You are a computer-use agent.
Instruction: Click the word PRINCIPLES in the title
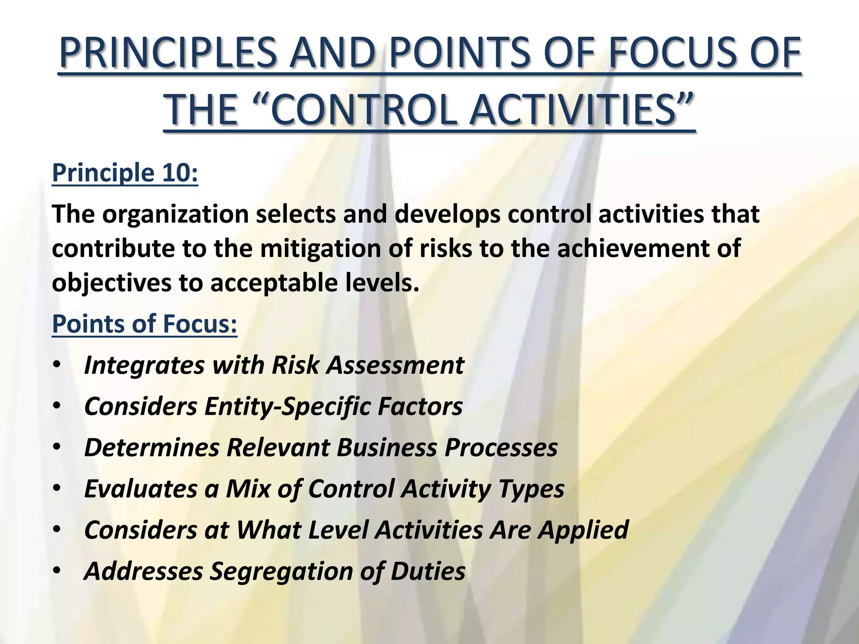click(x=168, y=54)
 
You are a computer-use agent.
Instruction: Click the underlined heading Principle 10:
click(x=125, y=173)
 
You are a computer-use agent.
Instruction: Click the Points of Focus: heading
click(x=144, y=324)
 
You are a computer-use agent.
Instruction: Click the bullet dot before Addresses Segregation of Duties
click(x=57, y=571)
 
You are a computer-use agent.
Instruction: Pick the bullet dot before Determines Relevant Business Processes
click(x=57, y=447)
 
